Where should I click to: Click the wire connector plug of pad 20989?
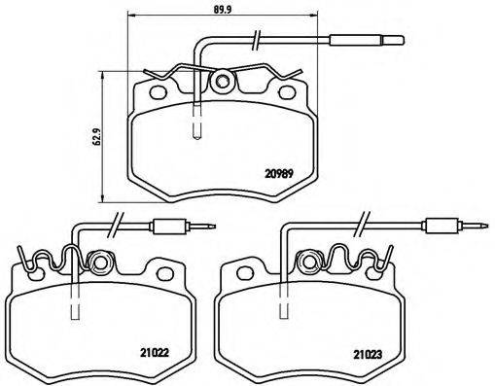365,42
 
